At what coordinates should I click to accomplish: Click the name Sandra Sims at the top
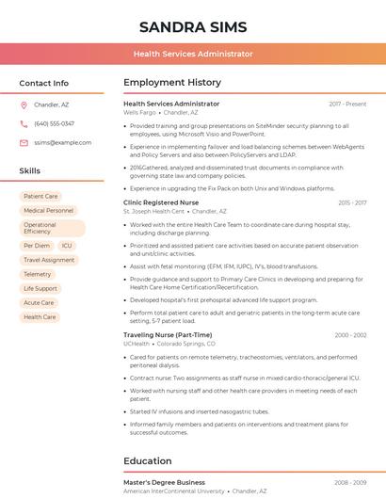[192, 25]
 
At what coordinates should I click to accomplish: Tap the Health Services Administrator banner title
[192, 55]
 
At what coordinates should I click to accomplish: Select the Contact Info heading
[43, 83]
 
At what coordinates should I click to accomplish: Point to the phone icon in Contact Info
[24, 123]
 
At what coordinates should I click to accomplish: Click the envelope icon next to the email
[24, 142]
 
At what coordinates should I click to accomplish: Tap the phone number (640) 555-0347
[54, 123]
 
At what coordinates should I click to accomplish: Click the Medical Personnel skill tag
[48, 211]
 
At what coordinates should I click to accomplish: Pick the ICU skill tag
[67, 245]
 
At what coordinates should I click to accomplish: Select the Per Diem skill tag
[37, 245]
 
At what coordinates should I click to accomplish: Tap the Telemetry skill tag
[38, 274]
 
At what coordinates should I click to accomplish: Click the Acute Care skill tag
[40, 302]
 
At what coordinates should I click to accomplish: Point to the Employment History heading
[171, 83]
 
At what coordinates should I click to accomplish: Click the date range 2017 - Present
[347, 104]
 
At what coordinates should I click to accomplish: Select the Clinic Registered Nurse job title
[161, 202]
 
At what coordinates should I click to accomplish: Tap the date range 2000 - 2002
[350, 334]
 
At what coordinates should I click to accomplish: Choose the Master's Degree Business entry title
[164, 482]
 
